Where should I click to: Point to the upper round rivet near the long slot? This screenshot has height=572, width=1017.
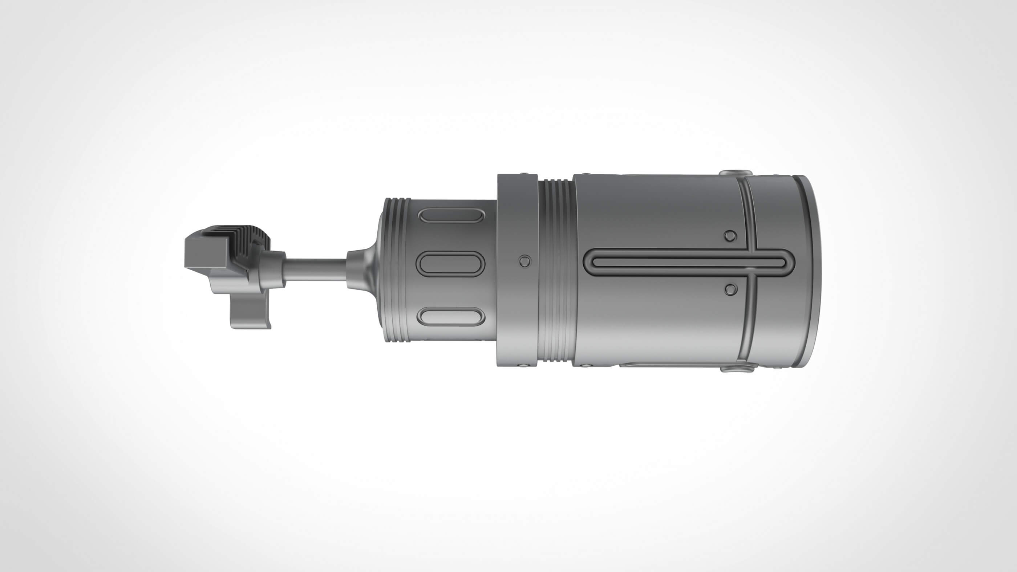click(x=730, y=236)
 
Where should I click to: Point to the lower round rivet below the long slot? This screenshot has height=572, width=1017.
click(x=730, y=290)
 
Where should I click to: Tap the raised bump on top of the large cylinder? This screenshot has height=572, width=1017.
click(x=735, y=173)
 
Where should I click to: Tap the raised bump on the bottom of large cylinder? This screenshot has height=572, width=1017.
click(x=735, y=369)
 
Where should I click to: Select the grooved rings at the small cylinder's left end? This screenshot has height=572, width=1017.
click(x=396, y=270)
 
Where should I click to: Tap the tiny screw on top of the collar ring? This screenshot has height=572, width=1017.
click(x=523, y=174)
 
